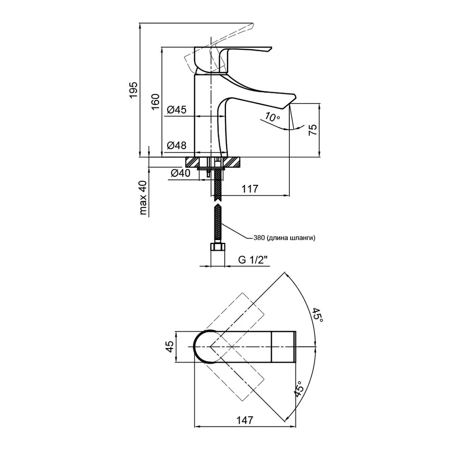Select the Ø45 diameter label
[x=177, y=109]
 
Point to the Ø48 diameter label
[x=177, y=146]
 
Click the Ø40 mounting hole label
[x=180, y=173]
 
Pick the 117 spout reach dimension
[x=249, y=189]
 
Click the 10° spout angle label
[x=272, y=118]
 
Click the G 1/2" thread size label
[x=253, y=260]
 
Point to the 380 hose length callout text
[x=284, y=238]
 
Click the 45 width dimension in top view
[x=169, y=347]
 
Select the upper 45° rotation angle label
[x=317, y=315]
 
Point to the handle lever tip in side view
[x=269, y=50]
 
